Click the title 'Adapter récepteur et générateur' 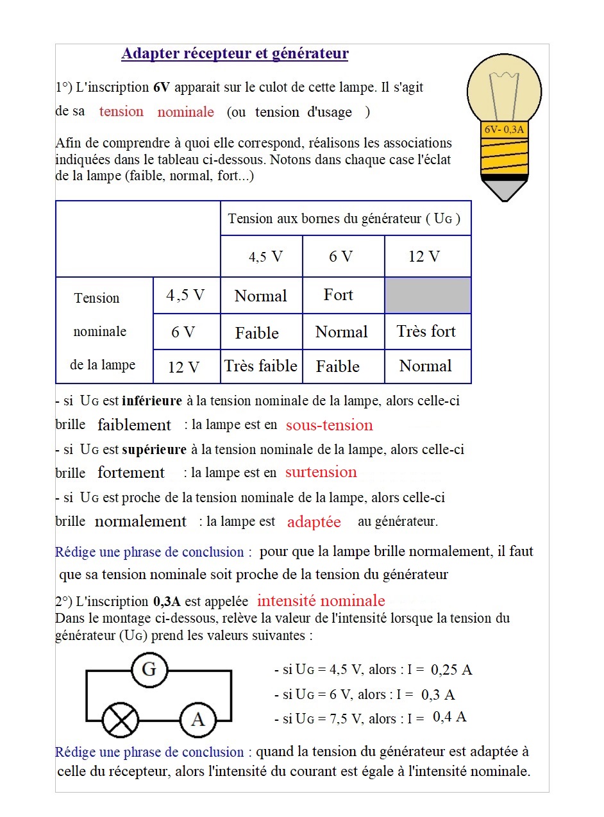pyautogui.click(x=235, y=54)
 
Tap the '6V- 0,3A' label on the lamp pyautogui.click(x=504, y=130)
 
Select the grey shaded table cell pyautogui.click(x=428, y=296)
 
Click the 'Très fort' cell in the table pyautogui.click(x=426, y=332)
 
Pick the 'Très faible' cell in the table pyautogui.click(x=261, y=366)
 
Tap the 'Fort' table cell pyautogui.click(x=339, y=295)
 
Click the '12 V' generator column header pyautogui.click(x=424, y=257)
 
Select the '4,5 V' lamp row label pyautogui.click(x=185, y=295)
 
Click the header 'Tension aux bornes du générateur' pyautogui.click(x=344, y=219)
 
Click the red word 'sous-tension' pyautogui.click(x=329, y=425)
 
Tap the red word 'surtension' pyautogui.click(x=321, y=473)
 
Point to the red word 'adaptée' pyautogui.click(x=314, y=522)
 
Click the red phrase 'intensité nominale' pyautogui.click(x=321, y=601)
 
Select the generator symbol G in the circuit pyautogui.click(x=149, y=670)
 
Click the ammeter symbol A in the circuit pyautogui.click(x=197, y=720)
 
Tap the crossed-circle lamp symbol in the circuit pyautogui.click(x=121, y=720)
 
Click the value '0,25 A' pyautogui.click(x=451, y=670)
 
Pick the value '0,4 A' pyautogui.click(x=449, y=717)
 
